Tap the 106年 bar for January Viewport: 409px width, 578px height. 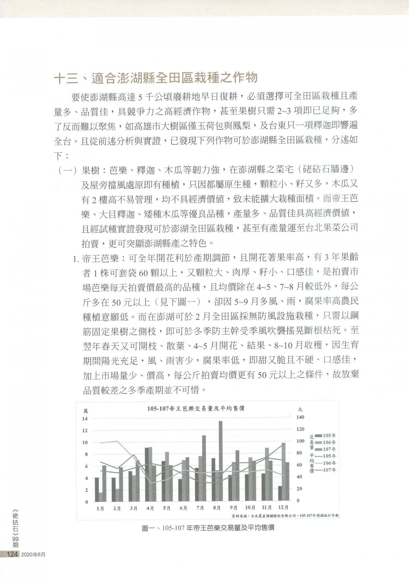(101, 497)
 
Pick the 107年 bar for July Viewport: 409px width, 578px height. (204, 468)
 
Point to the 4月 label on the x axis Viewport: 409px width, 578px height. (150, 508)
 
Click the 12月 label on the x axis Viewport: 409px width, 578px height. (283, 507)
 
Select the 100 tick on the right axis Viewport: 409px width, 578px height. (300, 441)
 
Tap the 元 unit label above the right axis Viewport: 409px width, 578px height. (300, 409)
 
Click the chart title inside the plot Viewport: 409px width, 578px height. (196, 409)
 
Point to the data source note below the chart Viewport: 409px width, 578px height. (285, 516)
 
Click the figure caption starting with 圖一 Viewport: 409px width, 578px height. (208, 528)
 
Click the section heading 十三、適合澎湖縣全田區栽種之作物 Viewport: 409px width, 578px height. (156, 78)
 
